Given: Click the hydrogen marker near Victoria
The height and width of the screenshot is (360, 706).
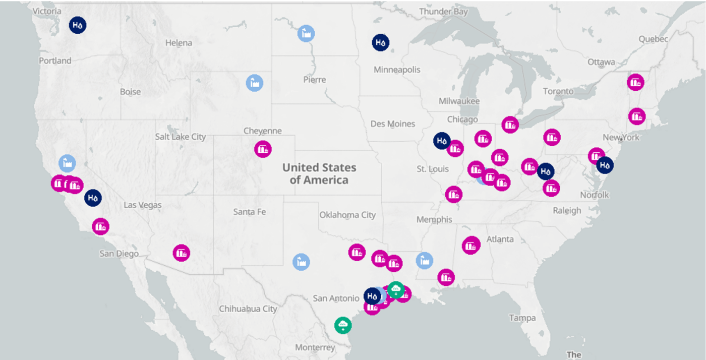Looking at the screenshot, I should (78, 25).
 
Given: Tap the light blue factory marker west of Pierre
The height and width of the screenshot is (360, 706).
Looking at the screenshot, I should (255, 83).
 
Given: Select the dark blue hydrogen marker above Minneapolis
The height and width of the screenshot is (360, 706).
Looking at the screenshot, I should (381, 42).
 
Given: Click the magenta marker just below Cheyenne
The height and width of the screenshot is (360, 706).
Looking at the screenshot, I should (263, 149).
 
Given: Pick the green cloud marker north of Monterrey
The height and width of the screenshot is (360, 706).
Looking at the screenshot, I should (343, 325).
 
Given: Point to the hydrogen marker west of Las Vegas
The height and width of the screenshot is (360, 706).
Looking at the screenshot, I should (93, 198).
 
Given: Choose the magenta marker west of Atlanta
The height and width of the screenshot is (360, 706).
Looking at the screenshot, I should (471, 246).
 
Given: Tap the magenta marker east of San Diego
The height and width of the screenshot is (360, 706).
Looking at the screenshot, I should (181, 253).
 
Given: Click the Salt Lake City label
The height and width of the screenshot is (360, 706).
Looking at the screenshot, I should (181, 137).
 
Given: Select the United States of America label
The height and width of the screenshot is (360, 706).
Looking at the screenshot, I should (319, 173).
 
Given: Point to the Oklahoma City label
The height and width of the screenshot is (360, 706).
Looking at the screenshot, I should (347, 215).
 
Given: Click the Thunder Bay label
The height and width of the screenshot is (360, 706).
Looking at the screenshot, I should (443, 12).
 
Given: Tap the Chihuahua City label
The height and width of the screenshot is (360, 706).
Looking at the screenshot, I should (248, 309).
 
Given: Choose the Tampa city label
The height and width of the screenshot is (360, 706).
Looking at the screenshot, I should (522, 318).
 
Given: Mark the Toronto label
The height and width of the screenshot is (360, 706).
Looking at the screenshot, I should (558, 91).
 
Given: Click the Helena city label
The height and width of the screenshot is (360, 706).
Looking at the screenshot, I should (179, 43).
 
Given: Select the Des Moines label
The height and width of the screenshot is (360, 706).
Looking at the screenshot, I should (393, 124).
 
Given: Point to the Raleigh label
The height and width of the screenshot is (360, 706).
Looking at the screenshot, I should (567, 210).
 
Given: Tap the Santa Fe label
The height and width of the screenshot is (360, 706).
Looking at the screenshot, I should (250, 212).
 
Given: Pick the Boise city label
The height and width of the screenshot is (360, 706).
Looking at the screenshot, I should (130, 92).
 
